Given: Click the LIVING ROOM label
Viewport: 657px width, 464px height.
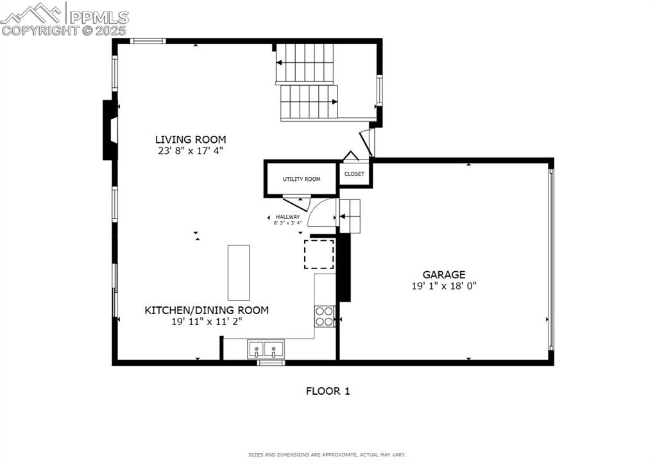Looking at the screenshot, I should [x=191, y=139].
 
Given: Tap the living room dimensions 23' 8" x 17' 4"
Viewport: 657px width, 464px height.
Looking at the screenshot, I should [x=191, y=151].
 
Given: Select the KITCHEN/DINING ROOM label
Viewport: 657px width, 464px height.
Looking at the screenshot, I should [x=207, y=310].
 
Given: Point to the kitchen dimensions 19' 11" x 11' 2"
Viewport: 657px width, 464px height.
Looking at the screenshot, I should [x=207, y=322].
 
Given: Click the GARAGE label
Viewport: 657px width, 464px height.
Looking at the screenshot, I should [x=444, y=274].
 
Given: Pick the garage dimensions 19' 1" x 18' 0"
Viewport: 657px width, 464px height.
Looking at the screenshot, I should [x=444, y=286].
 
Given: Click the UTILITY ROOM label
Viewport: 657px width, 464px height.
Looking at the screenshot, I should [x=302, y=179].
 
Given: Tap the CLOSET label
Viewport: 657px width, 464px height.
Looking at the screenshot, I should [x=354, y=174].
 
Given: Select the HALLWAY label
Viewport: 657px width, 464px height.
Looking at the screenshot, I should [x=288, y=217].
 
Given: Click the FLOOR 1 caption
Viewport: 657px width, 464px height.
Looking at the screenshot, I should [x=328, y=391].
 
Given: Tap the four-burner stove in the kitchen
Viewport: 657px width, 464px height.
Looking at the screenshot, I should [x=325, y=316].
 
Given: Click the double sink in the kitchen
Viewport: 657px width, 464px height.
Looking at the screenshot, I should [x=266, y=350].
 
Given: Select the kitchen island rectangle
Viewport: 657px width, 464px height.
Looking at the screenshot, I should [x=239, y=272].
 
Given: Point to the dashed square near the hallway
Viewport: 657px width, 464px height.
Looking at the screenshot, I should [x=319, y=254].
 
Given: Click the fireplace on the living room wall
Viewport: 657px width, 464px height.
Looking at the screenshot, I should [x=110, y=130].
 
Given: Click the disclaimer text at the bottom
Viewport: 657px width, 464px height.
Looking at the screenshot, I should [x=327, y=455].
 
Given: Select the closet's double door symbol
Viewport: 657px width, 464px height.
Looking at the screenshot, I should [x=350, y=156].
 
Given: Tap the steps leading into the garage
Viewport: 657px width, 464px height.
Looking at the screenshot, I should [x=350, y=216].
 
